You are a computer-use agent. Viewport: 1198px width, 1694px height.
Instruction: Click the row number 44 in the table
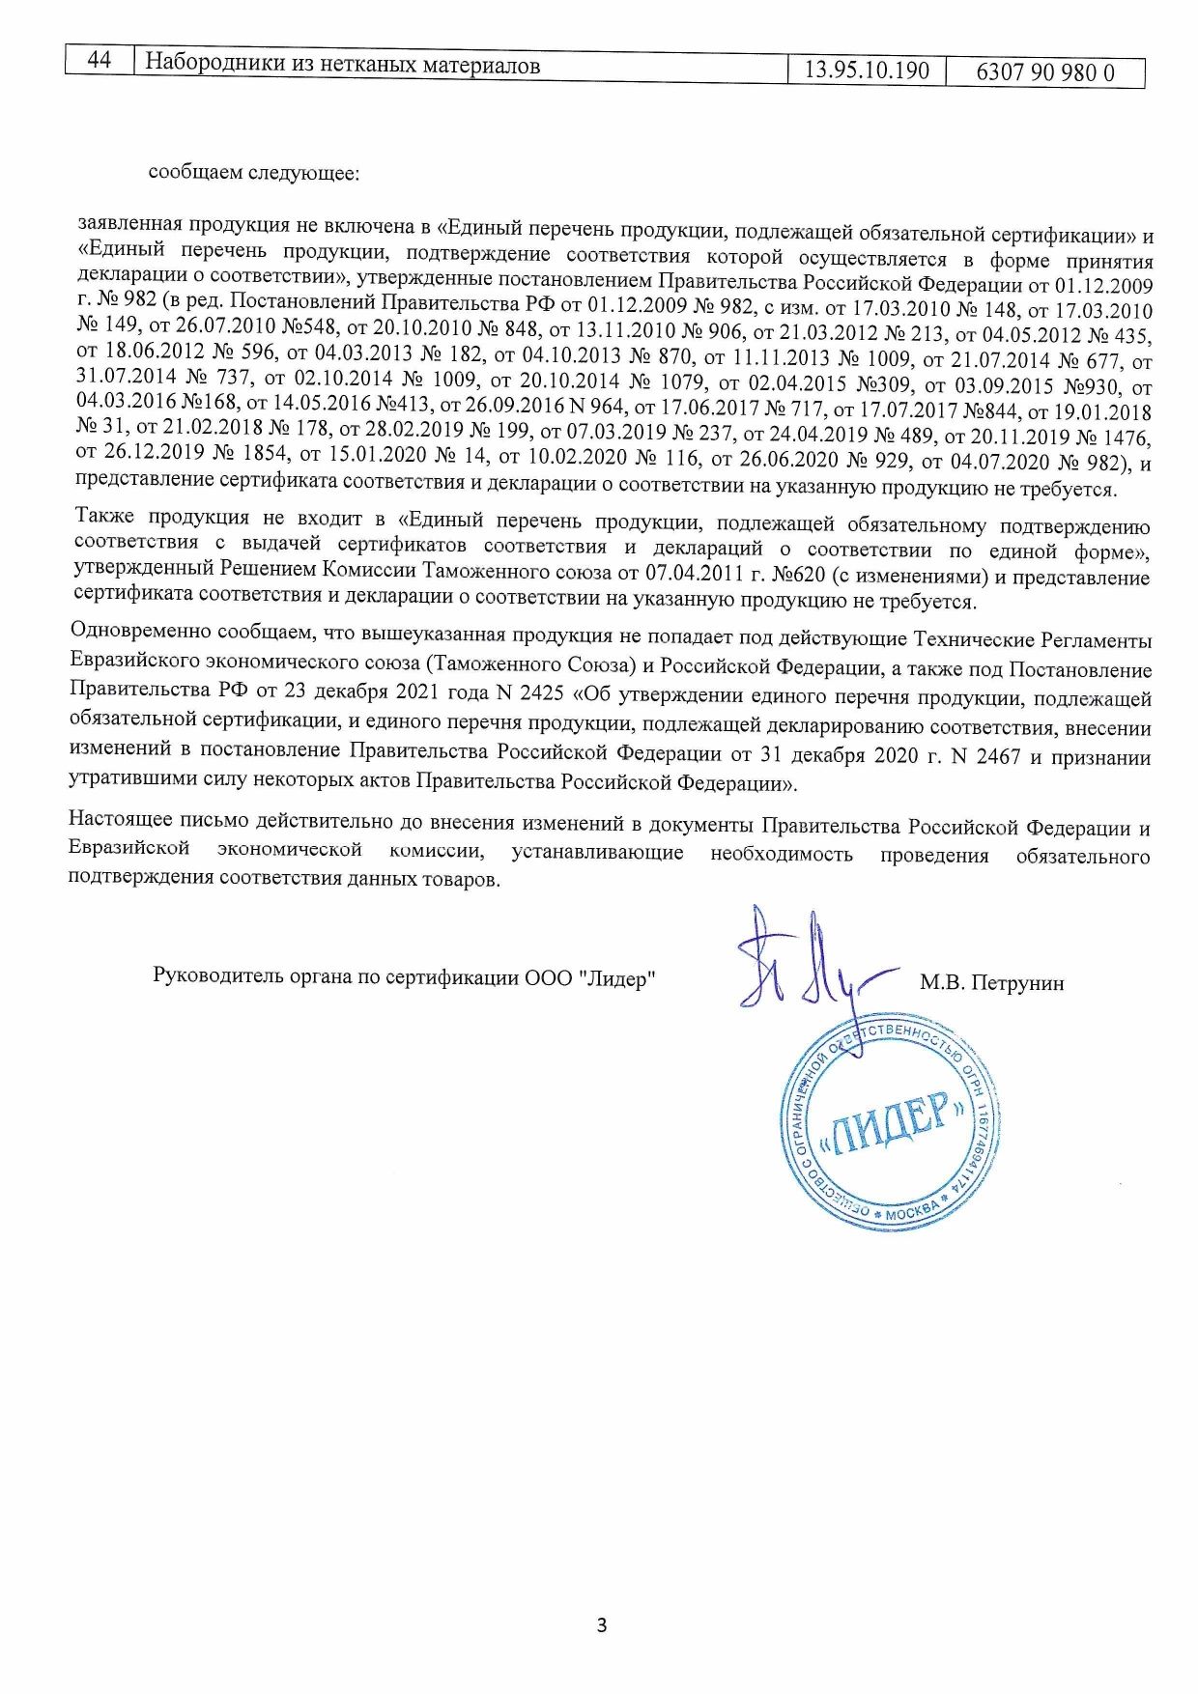click(99, 61)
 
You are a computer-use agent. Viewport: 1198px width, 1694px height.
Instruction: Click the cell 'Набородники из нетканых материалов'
click(342, 65)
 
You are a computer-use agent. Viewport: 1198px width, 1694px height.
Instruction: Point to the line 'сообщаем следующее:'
click(253, 173)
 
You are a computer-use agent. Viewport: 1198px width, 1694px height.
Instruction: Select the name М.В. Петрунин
click(991, 983)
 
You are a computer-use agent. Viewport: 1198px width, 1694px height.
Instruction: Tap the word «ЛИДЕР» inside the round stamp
click(890, 1126)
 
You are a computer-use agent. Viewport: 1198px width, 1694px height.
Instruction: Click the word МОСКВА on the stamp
click(910, 1208)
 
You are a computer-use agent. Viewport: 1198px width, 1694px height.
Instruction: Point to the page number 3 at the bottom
click(602, 1625)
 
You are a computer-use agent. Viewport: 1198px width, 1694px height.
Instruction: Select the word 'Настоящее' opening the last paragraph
click(120, 821)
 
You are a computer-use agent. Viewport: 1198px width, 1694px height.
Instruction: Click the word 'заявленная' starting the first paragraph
click(129, 224)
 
